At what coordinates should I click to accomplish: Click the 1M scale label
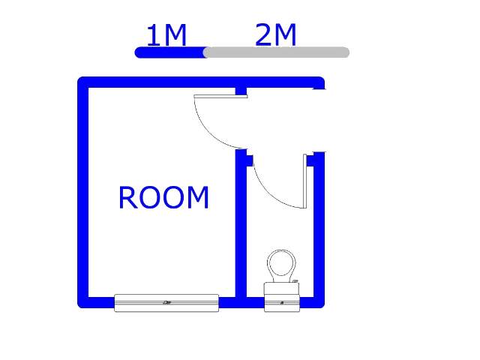pyautogui.click(x=166, y=35)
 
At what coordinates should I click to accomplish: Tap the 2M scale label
pyautogui.click(x=275, y=35)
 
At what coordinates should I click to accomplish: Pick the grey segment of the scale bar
pyautogui.click(x=276, y=52)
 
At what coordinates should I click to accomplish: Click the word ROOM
pyautogui.click(x=163, y=197)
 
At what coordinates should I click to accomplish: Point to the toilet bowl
pyautogui.click(x=281, y=264)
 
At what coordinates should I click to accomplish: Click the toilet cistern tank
pyautogui.click(x=282, y=289)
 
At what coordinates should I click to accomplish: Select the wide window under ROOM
pyautogui.click(x=166, y=303)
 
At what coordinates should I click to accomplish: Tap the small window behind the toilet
pyautogui.click(x=282, y=303)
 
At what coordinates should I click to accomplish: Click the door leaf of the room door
pyautogui.click(x=220, y=97)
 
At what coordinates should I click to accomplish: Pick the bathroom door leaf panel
pyautogui.click(x=305, y=181)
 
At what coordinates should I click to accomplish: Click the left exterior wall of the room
pyautogui.click(x=83, y=192)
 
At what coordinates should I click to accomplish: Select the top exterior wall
pyautogui.click(x=201, y=82)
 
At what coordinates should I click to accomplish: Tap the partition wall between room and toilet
pyautogui.click(x=241, y=223)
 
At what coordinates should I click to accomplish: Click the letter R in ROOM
pyautogui.click(x=127, y=197)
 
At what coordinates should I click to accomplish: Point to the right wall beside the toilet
pyautogui.click(x=319, y=229)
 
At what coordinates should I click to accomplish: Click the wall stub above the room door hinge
pyautogui.click(x=241, y=91)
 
